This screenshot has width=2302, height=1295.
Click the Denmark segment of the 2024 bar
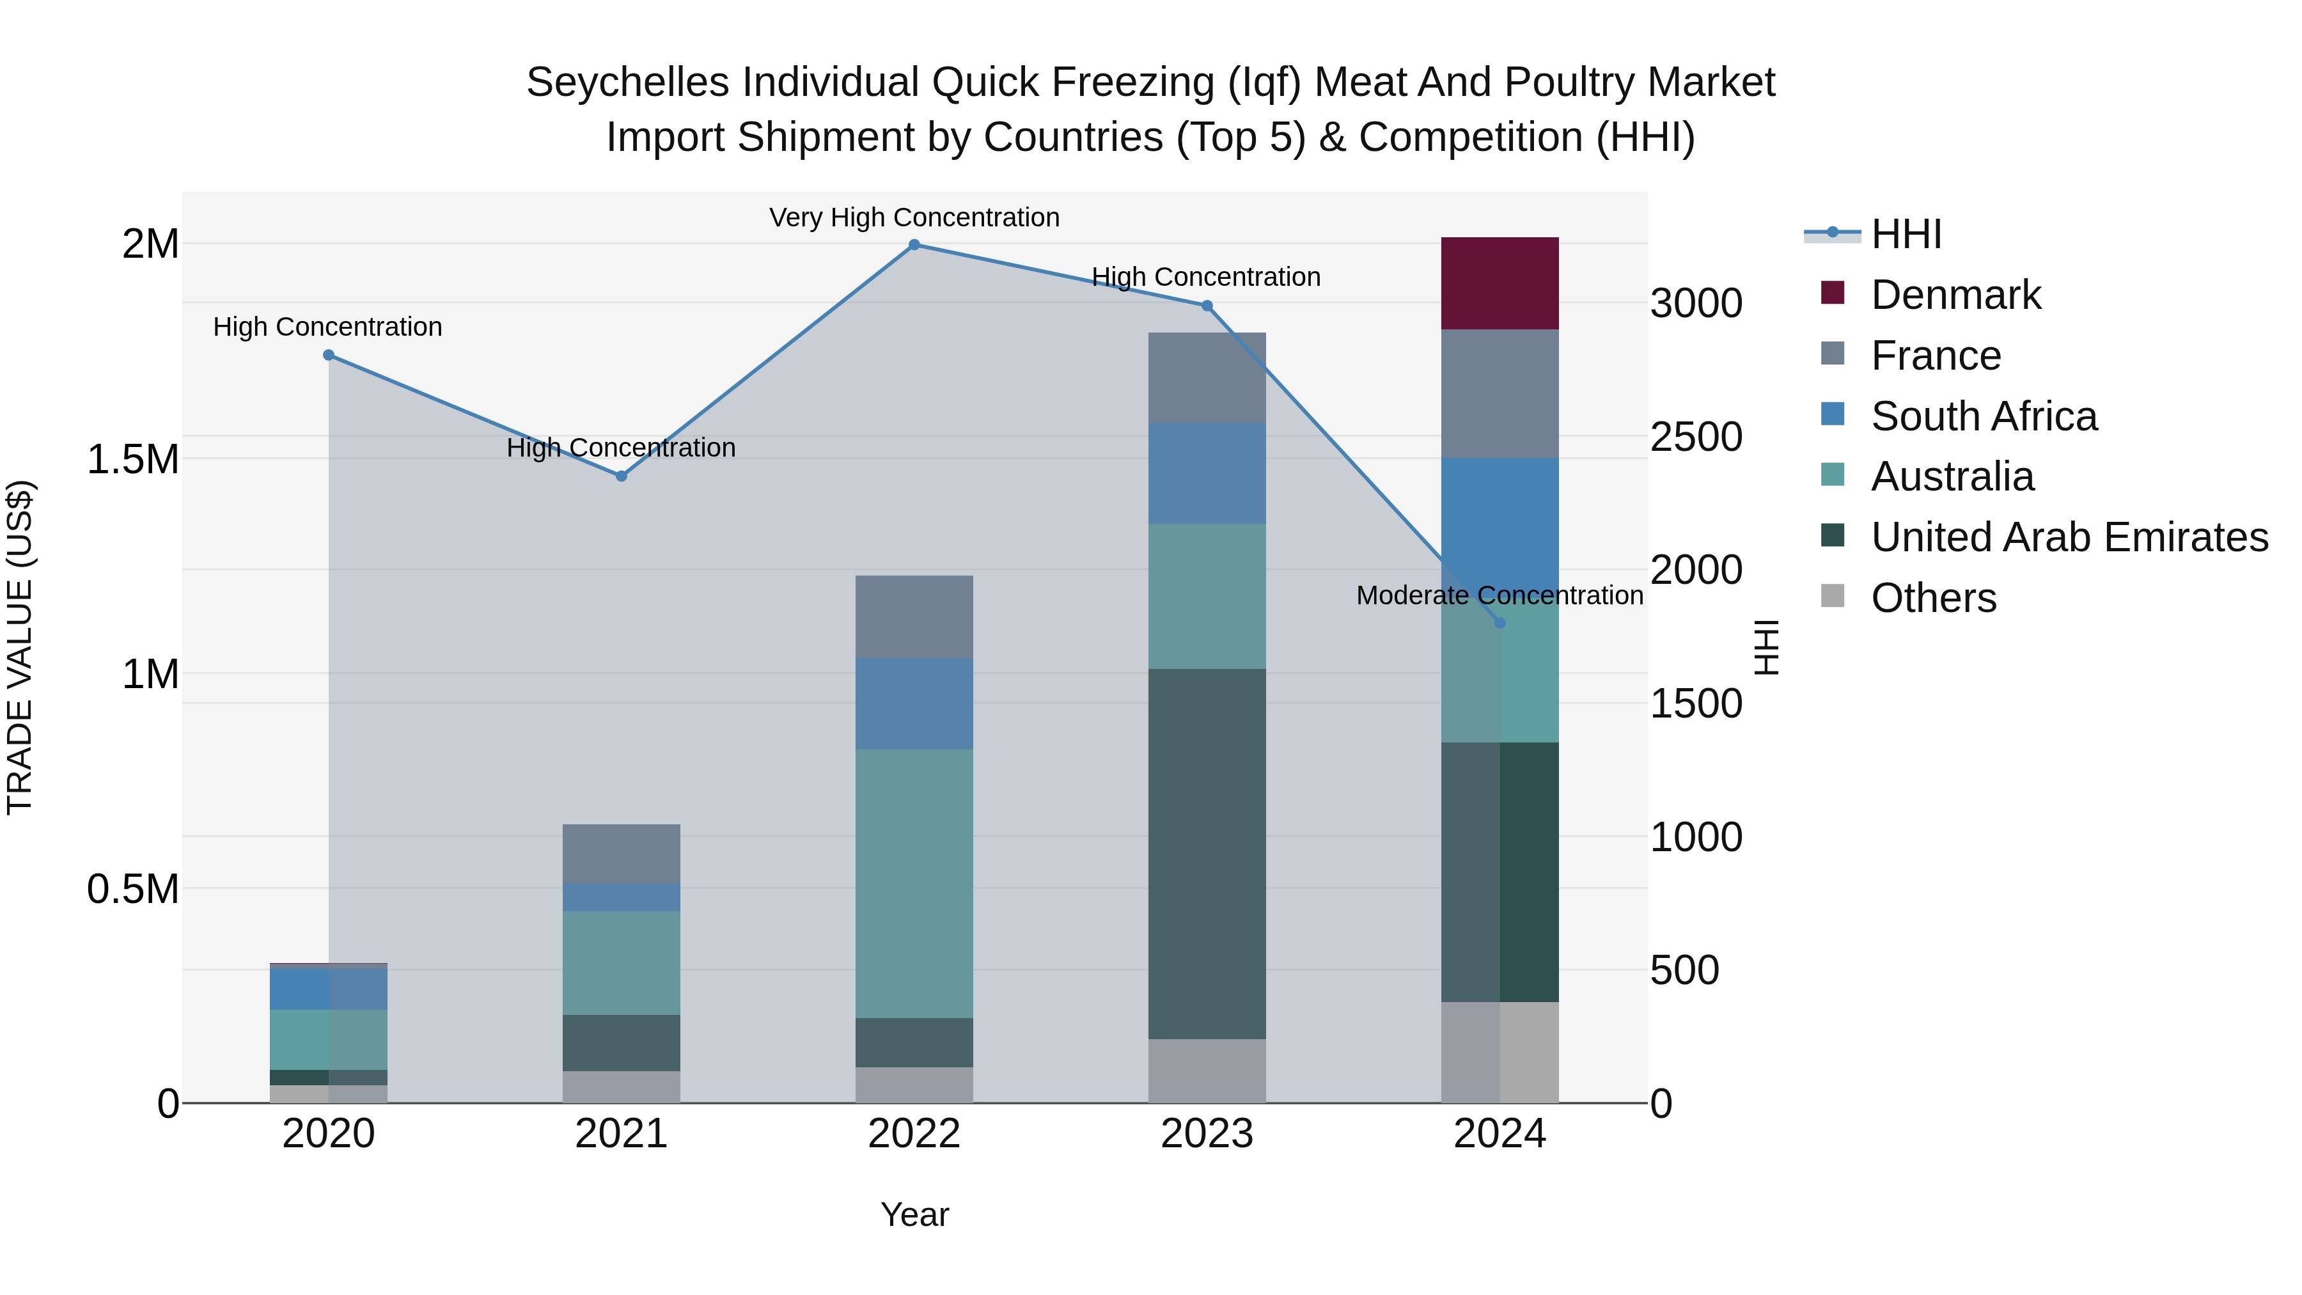point(1499,283)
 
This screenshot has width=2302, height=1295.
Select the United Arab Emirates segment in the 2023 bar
point(1207,854)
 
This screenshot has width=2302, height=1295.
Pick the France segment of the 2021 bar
point(621,854)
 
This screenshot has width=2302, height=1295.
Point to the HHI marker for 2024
point(1499,623)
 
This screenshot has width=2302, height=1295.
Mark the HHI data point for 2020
point(328,355)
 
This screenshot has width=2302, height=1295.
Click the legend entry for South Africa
point(1983,416)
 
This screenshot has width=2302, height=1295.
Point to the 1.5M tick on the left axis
point(132,459)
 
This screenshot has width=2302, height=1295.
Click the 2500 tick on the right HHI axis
point(1695,437)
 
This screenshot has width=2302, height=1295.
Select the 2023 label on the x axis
point(1207,1134)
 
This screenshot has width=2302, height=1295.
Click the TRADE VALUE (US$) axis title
point(20,647)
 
